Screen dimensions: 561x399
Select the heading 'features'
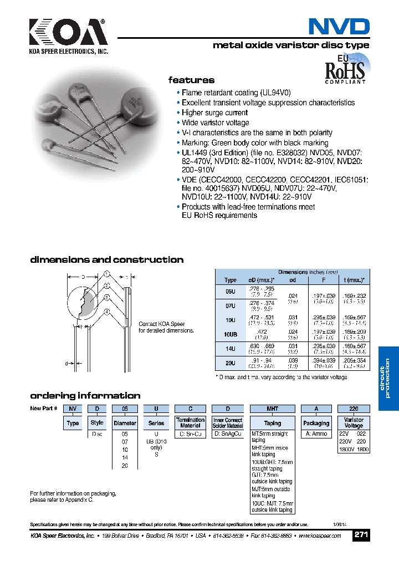[x=191, y=80]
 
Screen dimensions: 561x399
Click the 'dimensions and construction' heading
[x=106, y=260]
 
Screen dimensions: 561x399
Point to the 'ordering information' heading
[x=85, y=396]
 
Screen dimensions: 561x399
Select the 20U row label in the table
[x=230, y=363]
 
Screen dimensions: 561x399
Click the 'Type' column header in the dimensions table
[x=230, y=280]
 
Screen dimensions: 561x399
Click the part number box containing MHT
[x=272, y=409]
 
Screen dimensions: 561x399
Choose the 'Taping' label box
[x=272, y=423]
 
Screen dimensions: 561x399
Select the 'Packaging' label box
[x=316, y=423]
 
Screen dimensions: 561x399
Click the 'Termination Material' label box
[x=190, y=423]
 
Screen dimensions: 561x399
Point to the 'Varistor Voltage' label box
[x=354, y=423]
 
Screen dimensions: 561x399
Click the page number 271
[x=361, y=535]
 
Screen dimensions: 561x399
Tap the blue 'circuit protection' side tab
[x=388, y=378]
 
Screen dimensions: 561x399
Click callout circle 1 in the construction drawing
[x=106, y=273]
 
